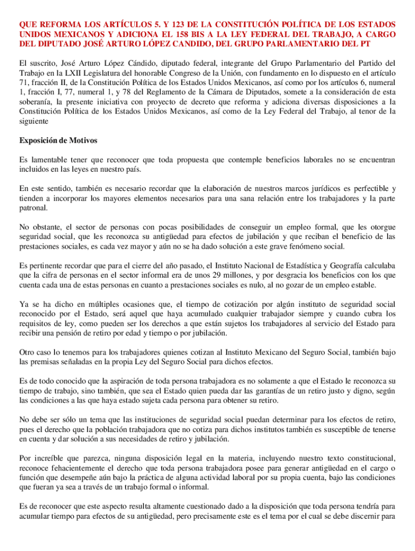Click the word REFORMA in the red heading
tap(55, 25)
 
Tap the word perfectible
tap(369, 188)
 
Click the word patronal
tap(33, 208)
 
